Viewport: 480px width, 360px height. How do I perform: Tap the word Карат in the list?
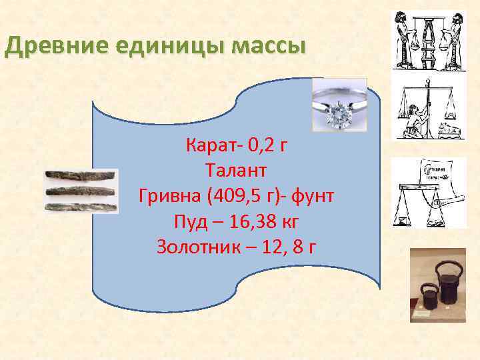(207, 145)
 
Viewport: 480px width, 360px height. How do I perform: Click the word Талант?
(236, 171)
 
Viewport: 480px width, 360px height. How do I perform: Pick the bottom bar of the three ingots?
(81, 207)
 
